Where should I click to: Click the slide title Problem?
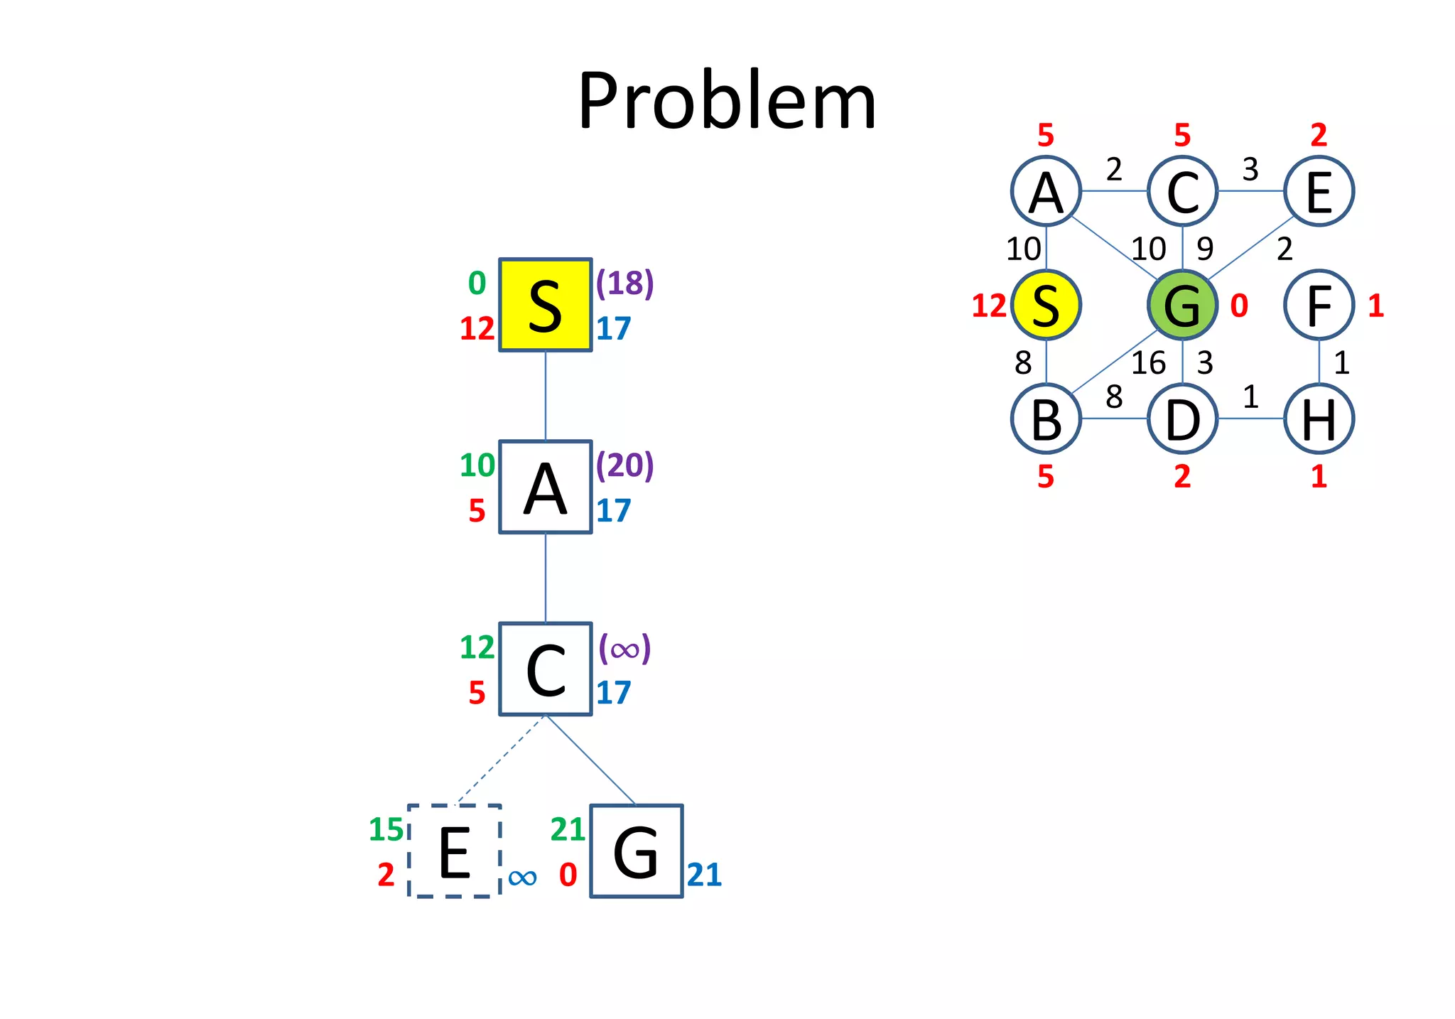727,101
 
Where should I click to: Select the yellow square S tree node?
545,305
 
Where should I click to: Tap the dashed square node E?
455,851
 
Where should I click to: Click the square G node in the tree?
636,851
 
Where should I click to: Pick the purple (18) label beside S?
624,283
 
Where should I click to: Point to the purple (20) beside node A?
624,465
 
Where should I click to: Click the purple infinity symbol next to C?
624,648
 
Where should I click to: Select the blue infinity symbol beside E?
522,878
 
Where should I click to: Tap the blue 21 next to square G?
704,875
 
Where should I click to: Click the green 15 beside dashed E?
386,829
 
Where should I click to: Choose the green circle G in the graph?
1182,305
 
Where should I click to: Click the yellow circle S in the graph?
1046,305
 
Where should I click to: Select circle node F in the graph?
1319,305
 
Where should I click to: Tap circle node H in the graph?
1319,419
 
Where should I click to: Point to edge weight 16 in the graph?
1148,363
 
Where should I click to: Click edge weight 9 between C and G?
1205,249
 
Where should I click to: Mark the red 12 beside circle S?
989,306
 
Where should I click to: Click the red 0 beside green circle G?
1239,306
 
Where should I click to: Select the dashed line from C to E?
501,760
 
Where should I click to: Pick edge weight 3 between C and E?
1250,169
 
